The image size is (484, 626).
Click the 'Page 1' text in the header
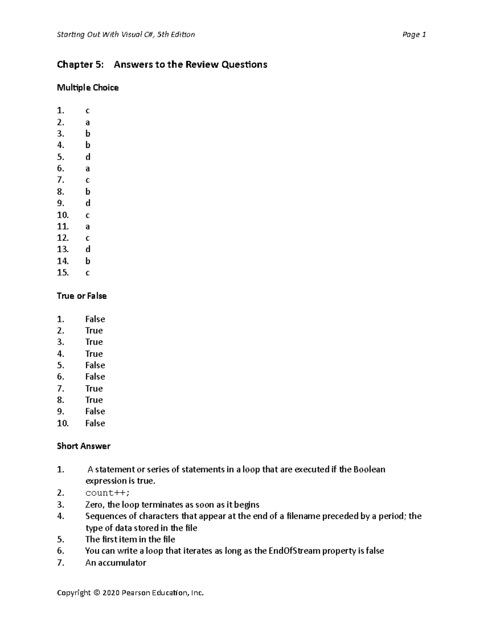414,35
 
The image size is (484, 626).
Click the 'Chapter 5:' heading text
80,64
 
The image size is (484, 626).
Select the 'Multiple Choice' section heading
88,87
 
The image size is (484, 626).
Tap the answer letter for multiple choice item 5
88,157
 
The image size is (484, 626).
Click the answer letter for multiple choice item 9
88,203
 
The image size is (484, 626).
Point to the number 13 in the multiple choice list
63,250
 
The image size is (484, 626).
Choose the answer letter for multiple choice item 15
88,273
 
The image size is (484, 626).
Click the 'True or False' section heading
81,296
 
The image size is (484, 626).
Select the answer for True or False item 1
95,319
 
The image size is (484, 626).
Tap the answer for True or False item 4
94,354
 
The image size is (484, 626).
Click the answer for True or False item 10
95,423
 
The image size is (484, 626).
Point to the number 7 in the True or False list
60,389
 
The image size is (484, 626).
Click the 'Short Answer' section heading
83,446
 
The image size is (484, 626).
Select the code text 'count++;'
107,493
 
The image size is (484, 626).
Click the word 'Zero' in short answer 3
94,505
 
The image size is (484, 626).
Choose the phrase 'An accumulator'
115,563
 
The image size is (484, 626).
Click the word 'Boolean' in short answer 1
369,470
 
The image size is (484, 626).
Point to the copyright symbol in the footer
96,593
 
